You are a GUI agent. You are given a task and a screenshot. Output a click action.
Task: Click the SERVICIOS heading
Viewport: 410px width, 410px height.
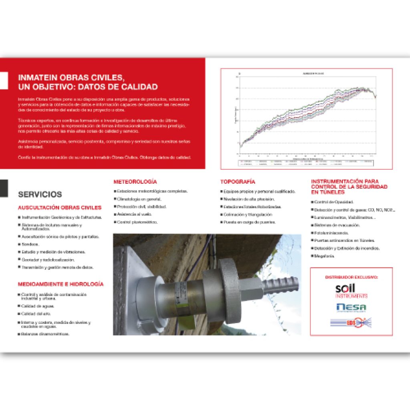pyautogui.click(x=40, y=195)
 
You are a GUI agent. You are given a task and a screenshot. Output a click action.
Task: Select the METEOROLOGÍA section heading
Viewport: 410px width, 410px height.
pyautogui.click(x=135, y=182)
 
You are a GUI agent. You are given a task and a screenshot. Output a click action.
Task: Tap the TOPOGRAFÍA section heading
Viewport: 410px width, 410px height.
pyautogui.click(x=237, y=182)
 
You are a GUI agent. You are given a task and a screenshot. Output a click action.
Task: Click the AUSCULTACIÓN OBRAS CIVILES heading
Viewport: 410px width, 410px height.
pyautogui.click(x=60, y=208)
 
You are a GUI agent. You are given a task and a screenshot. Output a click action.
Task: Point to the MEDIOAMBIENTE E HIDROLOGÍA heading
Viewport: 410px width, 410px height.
pyautogui.click(x=60, y=284)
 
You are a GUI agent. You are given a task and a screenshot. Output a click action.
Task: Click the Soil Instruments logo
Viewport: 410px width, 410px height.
pyautogui.click(x=351, y=291)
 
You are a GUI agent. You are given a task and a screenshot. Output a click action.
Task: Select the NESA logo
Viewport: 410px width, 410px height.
pyautogui.click(x=351, y=307)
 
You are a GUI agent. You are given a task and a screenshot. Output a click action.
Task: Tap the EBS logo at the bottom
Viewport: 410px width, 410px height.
pyautogui.click(x=351, y=322)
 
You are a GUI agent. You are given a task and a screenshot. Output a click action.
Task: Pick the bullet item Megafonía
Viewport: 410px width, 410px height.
pyautogui.click(x=324, y=256)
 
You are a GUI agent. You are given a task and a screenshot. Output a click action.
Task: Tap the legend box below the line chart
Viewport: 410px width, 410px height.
pyautogui.click(x=306, y=163)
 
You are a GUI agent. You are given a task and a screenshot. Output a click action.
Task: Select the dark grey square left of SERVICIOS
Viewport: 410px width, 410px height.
pyautogui.click(x=4, y=188)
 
